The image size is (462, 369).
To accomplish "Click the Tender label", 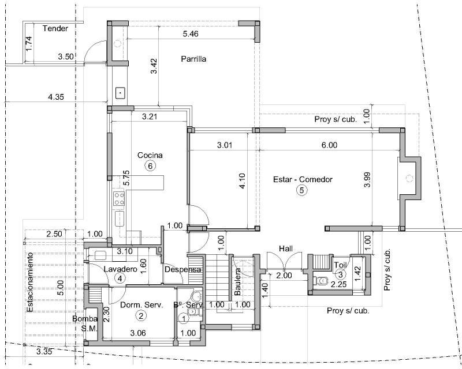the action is click(x=55, y=29).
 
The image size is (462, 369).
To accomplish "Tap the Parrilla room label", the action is click(x=193, y=59).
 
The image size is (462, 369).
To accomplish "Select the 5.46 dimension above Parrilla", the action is click(x=191, y=34).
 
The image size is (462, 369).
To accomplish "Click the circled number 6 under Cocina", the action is click(x=150, y=166).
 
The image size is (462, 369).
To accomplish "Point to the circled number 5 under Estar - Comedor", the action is click(x=301, y=190).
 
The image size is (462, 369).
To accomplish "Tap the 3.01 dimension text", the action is click(x=225, y=145).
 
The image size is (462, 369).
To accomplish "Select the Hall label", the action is click(x=286, y=248).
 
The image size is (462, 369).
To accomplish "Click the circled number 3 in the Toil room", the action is click(x=341, y=275).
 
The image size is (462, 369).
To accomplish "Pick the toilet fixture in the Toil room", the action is click(x=321, y=281).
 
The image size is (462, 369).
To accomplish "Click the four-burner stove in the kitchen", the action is click(x=120, y=198).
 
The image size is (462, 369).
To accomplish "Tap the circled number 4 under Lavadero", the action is click(x=120, y=278).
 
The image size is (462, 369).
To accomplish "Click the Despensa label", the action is click(x=182, y=269).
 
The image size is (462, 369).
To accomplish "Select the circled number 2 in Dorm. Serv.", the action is click(x=141, y=316).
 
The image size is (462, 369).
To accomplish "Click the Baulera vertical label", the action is click(x=238, y=281).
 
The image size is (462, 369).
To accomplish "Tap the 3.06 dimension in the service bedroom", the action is click(x=138, y=333).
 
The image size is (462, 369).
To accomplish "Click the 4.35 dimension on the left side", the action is click(x=55, y=96).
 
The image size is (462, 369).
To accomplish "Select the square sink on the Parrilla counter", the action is click(x=120, y=93).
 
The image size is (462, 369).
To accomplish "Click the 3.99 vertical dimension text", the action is click(x=367, y=179).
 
